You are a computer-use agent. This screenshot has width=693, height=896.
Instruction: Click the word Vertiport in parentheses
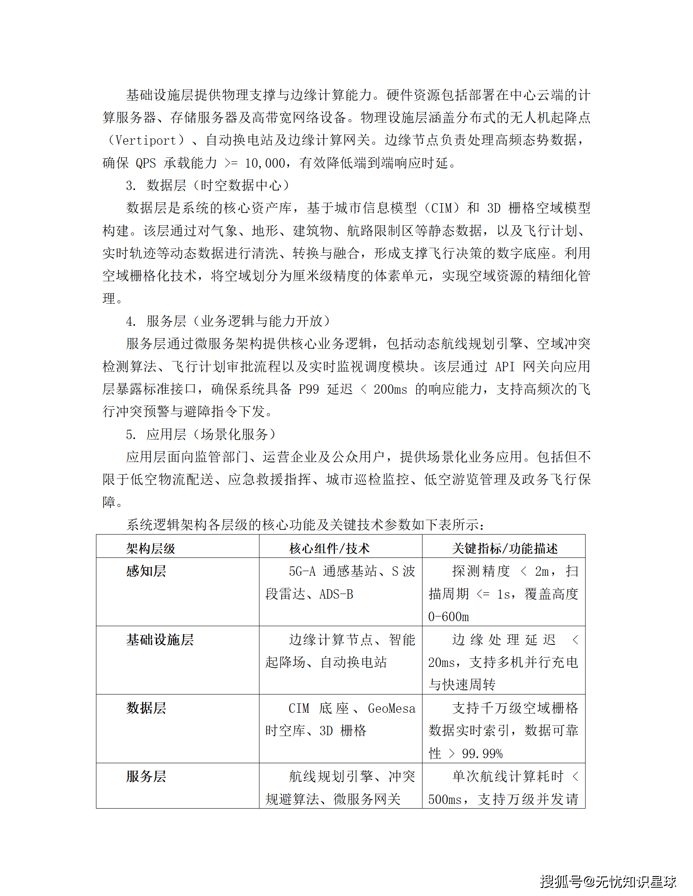click(146, 140)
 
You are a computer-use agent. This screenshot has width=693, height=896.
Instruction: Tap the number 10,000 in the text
click(265, 163)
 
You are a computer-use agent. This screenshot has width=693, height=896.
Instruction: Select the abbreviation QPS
click(146, 163)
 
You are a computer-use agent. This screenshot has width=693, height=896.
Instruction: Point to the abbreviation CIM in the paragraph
click(441, 208)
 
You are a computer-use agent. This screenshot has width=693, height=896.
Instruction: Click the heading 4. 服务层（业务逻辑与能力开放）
click(228, 321)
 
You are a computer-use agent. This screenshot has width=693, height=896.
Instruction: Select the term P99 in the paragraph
click(309, 389)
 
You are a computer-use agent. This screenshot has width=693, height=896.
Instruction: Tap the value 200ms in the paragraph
click(390, 389)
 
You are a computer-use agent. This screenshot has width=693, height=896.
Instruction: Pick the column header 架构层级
click(150, 549)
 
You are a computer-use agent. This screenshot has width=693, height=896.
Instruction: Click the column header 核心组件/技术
click(329, 549)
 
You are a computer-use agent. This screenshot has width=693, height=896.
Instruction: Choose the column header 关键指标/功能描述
click(505, 549)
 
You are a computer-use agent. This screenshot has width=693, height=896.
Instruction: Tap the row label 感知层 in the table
click(146, 571)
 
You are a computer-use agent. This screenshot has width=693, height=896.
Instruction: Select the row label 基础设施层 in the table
click(160, 640)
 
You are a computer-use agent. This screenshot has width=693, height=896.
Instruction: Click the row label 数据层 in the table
click(146, 708)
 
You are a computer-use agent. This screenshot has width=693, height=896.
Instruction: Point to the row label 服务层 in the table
click(146, 776)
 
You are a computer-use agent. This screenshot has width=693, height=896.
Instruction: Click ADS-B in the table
click(336, 594)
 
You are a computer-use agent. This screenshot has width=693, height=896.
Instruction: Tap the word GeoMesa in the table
click(391, 708)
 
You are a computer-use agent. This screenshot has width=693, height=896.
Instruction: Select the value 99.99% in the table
click(482, 754)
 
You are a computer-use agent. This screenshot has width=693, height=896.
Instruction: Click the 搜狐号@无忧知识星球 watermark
click(608, 882)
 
